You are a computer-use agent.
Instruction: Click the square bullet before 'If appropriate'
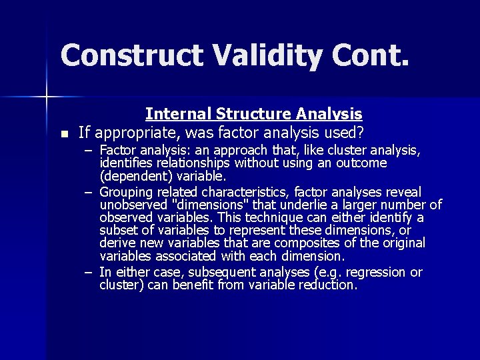point(63,134)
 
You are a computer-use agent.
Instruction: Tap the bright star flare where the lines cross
point(47,97)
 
